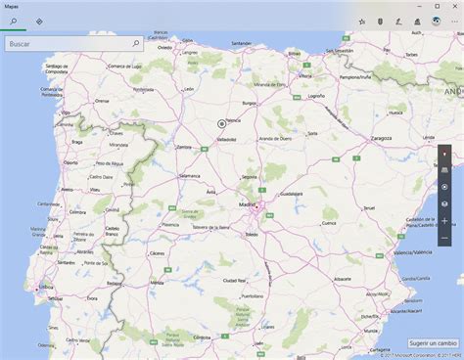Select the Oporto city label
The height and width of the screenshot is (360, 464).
(70, 162)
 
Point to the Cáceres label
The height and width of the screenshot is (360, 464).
(157, 252)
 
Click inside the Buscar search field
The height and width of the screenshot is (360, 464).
(64, 44)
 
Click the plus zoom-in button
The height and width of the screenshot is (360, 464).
(444, 221)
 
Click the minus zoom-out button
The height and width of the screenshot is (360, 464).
(444, 238)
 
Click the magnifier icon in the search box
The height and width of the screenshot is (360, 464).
(135, 44)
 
